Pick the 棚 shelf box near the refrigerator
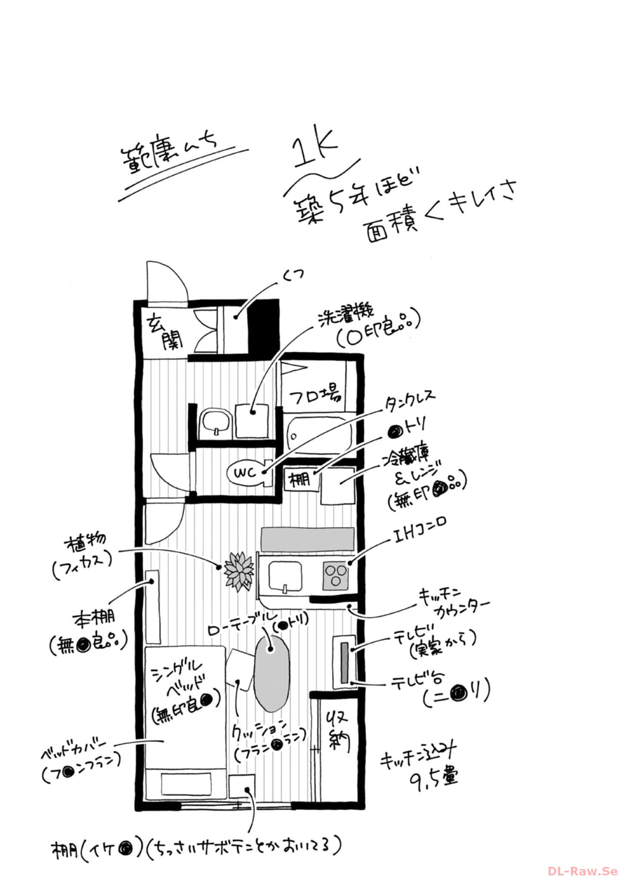pyautogui.click(x=300, y=479)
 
